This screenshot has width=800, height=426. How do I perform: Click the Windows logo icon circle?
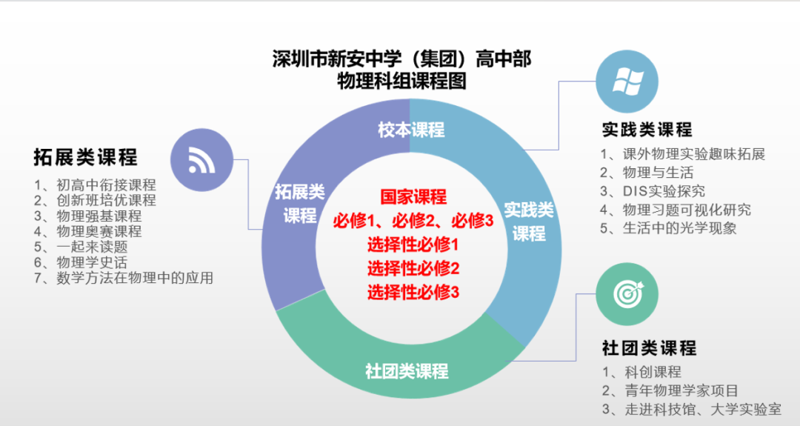[x=627, y=81]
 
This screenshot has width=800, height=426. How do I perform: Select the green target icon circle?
[x=627, y=293]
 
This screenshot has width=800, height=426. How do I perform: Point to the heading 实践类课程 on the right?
[x=647, y=130]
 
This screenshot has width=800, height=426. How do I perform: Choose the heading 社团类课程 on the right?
[x=649, y=347]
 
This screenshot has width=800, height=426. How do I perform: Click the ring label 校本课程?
[x=411, y=130]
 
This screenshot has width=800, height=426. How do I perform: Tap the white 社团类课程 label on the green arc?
[x=407, y=370]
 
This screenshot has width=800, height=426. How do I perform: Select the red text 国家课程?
[x=413, y=197]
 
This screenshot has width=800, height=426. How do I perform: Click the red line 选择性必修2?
[x=413, y=268]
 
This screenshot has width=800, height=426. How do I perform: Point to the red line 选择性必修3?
[x=413, y=292]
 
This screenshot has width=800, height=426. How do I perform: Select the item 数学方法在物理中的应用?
[x=124, y=278]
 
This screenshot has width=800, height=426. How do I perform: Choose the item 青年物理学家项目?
[x=670, y=390]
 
